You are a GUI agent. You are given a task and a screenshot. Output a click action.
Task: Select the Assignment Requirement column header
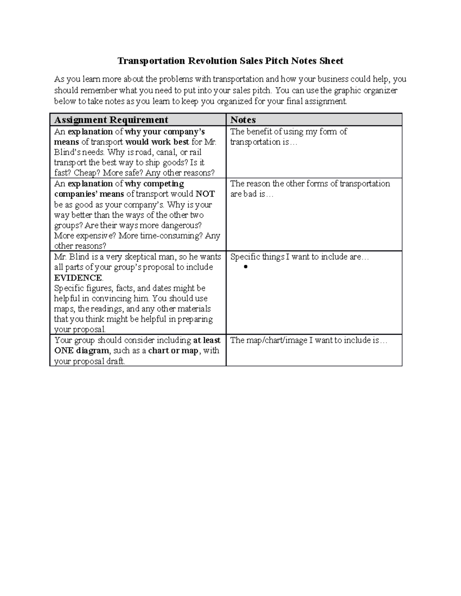(111, 120)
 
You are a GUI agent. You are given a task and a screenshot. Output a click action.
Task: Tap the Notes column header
(243, 120)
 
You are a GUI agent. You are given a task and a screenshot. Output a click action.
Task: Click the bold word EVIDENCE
(78, 277)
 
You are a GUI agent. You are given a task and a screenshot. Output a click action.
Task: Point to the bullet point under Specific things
(246, 267)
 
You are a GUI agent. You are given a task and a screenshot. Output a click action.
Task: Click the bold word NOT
(205, 194)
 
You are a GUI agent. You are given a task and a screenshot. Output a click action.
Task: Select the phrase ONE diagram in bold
(81, 350)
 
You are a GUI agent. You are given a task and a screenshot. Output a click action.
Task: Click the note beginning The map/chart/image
(308, 340)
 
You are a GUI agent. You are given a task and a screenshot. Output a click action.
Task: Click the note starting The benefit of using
(288, 137)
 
